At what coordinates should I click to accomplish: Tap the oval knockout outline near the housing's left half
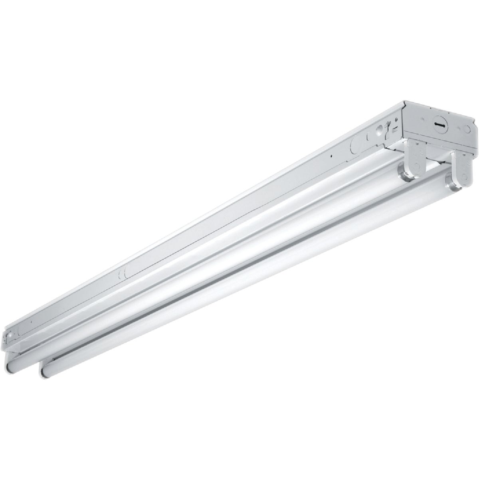121,275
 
